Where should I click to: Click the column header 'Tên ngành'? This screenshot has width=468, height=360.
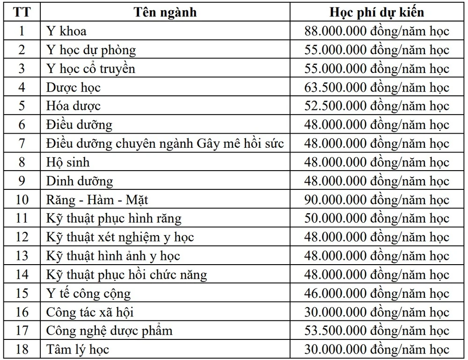[166, 12]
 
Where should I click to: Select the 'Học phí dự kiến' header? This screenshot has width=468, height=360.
[377, 12]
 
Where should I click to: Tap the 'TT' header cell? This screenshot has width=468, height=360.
[22, 12]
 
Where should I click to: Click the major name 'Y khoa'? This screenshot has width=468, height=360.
[66, 31]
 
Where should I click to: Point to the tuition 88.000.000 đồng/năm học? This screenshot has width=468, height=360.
[377, 31]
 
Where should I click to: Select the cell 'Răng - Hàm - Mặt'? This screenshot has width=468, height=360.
[97, 200]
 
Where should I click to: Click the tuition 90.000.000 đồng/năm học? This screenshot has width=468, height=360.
[377, 200]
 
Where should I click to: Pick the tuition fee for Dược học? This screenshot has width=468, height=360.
[377, 87]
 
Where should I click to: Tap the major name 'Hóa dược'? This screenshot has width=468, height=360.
[73, 106]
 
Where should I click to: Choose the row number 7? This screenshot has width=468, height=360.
[22, 144]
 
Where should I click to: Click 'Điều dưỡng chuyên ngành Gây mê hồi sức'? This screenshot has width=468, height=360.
[165, 144]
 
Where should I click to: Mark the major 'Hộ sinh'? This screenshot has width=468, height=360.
[68, 162]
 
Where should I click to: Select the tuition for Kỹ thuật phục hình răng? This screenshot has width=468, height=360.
[377, 218]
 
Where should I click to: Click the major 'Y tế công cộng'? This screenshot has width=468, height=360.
[88, 294]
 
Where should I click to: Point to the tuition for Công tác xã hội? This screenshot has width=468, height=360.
[377, 312]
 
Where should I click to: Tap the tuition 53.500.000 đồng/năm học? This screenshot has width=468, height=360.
[377, 331]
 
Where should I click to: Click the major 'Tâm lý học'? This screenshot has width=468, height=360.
[78, 350]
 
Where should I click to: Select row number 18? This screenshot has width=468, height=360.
[22, 350]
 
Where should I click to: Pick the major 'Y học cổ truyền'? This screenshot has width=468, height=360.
[91, 69]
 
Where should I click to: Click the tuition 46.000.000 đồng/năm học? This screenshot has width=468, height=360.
[377, 294]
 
